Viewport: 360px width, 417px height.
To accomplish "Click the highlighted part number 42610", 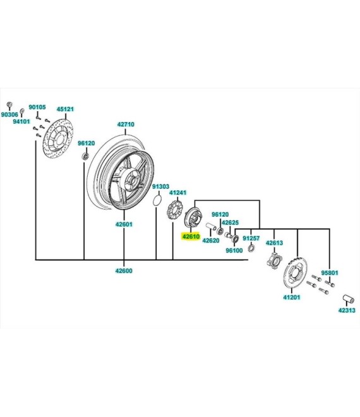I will [191, 237].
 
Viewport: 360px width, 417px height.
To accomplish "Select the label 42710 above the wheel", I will [125, 124].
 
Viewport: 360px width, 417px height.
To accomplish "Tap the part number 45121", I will [65, 108].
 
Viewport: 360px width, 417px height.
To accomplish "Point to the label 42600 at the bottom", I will [123, 271].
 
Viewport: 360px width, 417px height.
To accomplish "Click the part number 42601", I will [123, 224].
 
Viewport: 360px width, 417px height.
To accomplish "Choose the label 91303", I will [160, 187].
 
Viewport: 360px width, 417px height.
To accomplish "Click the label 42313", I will [347, 310].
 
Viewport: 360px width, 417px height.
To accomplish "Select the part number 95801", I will [329, 274].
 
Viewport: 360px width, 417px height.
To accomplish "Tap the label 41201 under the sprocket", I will [292, 298].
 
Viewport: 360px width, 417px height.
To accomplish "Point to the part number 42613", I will [274, 243].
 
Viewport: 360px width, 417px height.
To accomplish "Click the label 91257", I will [251, 238].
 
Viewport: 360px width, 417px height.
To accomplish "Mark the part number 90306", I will [9, 114].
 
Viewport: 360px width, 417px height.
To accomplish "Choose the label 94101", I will [21, 121].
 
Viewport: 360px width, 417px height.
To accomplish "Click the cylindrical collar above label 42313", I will [347, 298].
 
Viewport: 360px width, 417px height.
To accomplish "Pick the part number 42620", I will [210, 241].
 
